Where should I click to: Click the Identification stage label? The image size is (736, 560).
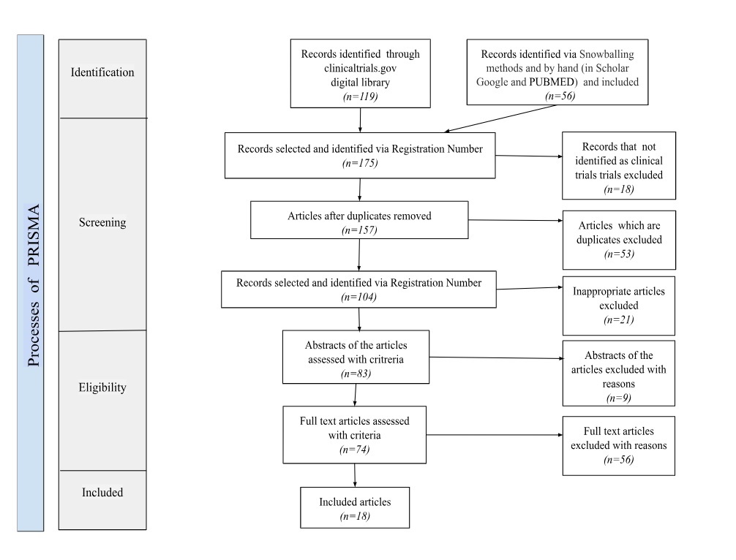click(x=102, y=72)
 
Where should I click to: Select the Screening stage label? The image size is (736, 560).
click(x=102, y=223)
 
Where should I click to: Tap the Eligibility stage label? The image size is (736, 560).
click(x=102, y=387)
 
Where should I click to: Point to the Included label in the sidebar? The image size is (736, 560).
click(x=102, y=492)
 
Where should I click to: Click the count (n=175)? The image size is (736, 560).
click(x=359, y=163)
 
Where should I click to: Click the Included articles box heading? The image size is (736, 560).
click(x=355, y=502)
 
